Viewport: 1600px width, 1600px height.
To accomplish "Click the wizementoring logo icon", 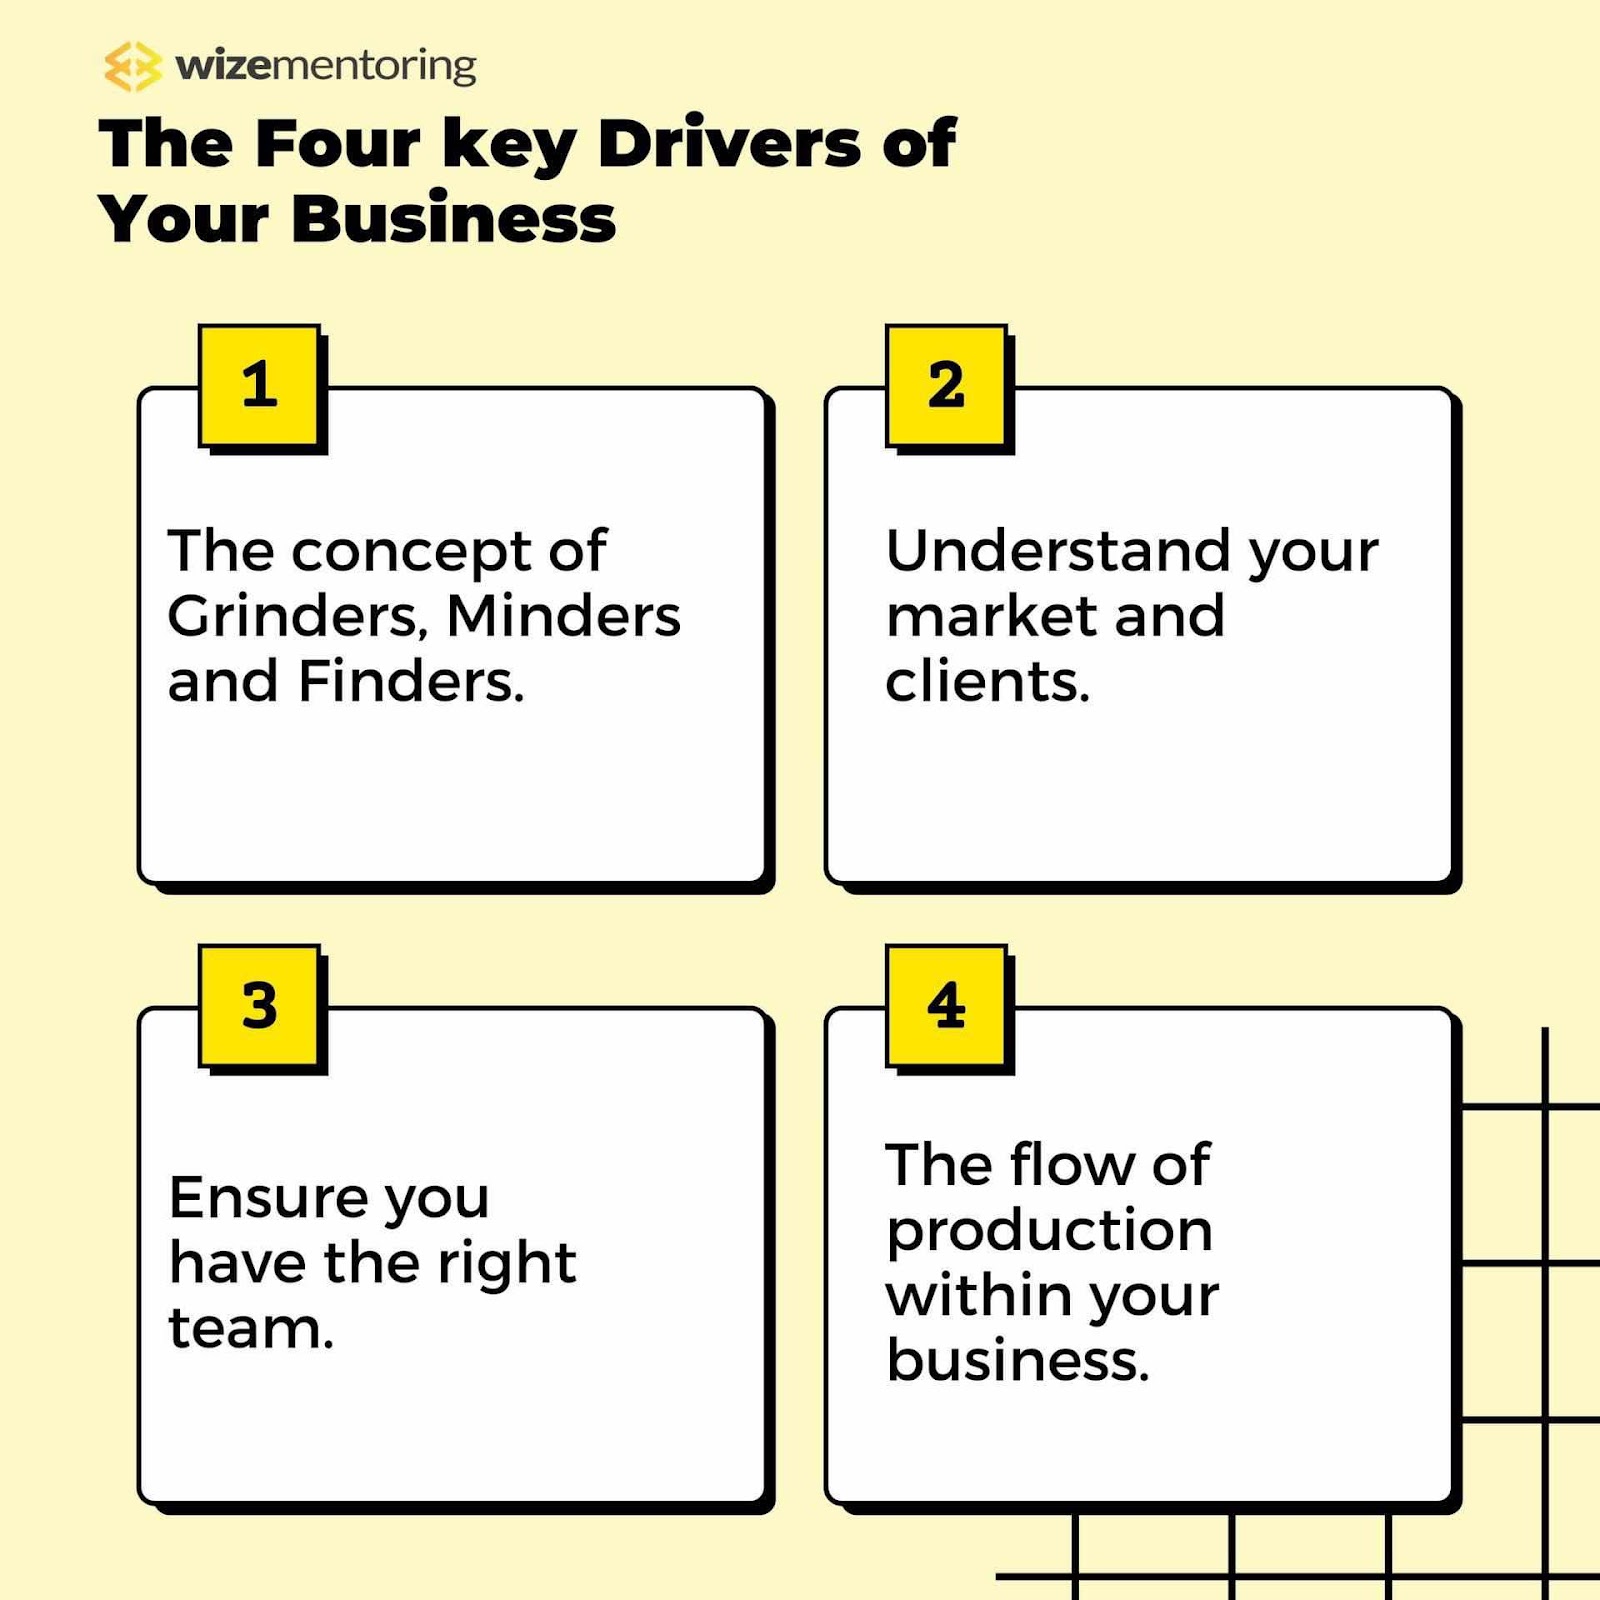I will [132, 67].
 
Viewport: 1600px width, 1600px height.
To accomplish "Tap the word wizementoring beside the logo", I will [325, 66].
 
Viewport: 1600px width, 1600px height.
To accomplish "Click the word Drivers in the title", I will [729, 143].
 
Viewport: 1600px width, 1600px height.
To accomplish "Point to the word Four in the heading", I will [337, 143].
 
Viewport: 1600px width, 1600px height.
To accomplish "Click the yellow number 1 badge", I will [259, 385].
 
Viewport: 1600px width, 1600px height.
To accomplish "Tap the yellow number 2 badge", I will [946, 385].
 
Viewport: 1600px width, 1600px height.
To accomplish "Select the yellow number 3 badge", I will [259, 1005].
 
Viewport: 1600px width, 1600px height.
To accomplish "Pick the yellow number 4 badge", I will [946, 1005].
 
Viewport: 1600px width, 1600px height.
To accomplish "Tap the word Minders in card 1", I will [563, 616].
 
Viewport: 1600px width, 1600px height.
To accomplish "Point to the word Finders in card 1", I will [410, 682].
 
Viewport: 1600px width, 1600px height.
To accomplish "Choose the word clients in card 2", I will [986, 682].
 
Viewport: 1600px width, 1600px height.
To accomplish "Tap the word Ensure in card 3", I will [267, 1197].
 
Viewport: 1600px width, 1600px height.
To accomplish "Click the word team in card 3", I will [250, 1329].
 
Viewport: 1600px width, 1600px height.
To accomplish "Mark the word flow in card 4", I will [1071, 1165].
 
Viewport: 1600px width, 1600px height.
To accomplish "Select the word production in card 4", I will [1049, 1232].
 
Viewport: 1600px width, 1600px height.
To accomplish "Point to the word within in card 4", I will [978, 1295].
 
